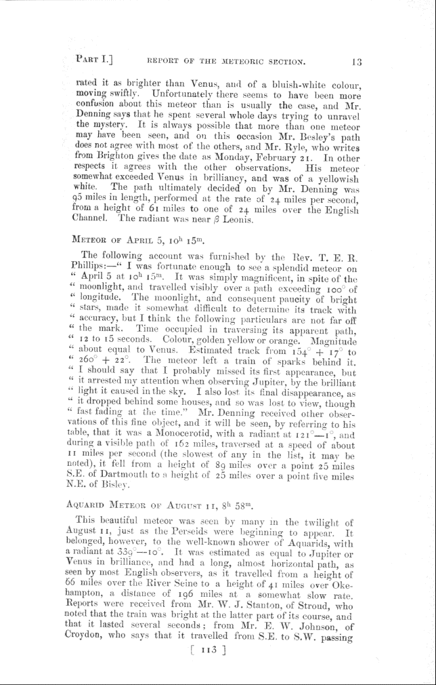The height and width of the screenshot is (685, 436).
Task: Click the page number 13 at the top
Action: click(357, 62)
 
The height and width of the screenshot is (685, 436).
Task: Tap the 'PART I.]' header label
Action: click(99, 61)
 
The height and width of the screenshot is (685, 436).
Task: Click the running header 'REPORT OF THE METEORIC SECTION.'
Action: click(227, 62)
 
